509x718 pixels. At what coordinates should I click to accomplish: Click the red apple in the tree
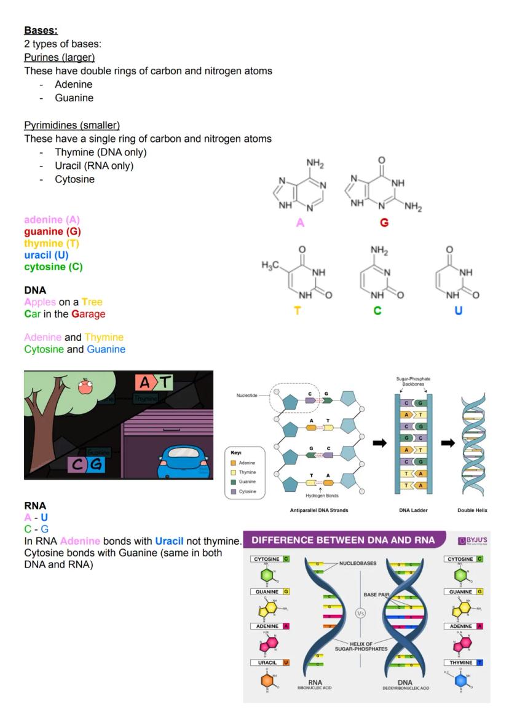[x=85, y=386]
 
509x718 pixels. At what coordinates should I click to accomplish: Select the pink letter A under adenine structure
[x=300, y=223]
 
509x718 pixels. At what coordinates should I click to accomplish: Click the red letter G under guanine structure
[x=384, y=223]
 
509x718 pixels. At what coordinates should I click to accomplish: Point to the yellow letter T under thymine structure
[x=298, y=311]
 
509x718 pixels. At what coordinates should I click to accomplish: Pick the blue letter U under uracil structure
[x=458, y=311]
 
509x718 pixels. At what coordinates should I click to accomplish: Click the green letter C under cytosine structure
[x=377, y=311]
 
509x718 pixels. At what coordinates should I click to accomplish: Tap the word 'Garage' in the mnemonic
[x=89, y=314]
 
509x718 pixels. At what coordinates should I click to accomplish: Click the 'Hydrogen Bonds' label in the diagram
[x=322, y=496]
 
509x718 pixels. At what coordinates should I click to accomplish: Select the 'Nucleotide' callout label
[x=248, y=396]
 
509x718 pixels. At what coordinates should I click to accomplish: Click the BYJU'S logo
[x=472, y=540]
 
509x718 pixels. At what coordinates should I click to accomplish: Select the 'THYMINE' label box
[x=462, y=663]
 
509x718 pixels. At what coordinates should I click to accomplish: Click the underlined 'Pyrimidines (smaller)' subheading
[x=72, y=125]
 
